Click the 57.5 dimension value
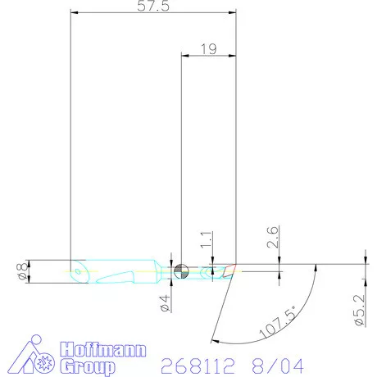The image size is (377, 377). click(153, 6)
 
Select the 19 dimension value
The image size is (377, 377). click(209, 49)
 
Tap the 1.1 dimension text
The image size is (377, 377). click(207, 240)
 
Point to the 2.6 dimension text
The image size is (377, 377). click(272, 237)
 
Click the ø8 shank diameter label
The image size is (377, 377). click(23, 271)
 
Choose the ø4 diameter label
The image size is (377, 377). click(166, 304)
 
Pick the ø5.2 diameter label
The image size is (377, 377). click(360, 310)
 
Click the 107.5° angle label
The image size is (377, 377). click(278, 321)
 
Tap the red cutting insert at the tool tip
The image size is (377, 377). click(229, 270)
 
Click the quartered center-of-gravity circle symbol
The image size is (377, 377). click(181, 271)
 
